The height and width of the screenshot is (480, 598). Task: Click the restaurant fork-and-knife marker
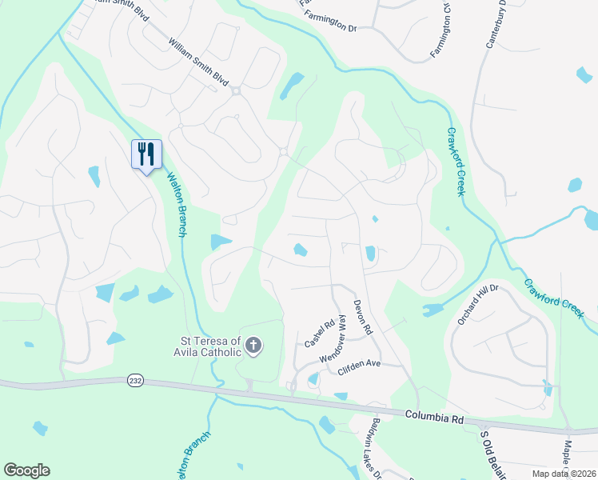[146, 154]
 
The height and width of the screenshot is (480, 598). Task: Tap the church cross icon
[253, 346]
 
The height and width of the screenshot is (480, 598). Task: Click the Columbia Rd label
[434, 417]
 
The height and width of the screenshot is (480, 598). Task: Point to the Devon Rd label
[362, 318]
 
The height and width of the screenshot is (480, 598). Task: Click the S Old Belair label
[492, 453]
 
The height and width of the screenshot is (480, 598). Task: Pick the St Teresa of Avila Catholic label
[208, 346]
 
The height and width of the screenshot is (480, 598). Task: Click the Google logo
[26, 470]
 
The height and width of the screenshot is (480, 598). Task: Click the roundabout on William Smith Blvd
[237, 91]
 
